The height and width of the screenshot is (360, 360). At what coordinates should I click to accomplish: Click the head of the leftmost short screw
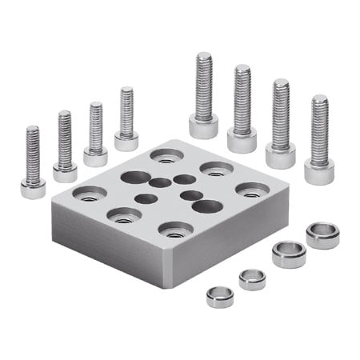click(x=33, y=190)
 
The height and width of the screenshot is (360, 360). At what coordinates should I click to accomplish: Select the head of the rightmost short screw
click(x=126, y=142)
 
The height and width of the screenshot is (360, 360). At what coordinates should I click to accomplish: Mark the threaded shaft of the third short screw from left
click(x=96, y=126)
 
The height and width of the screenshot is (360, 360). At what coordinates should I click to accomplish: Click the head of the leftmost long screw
click(x=204, y=126)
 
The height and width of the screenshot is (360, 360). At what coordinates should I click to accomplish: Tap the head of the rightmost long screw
click(x=319, y=170)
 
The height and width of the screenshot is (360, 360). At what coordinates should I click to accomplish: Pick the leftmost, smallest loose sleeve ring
click(x=220, y=296)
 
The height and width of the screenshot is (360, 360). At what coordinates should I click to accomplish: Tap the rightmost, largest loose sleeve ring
click(x=322, y=235)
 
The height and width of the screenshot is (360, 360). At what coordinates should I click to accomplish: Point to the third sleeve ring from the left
click(x=288, y=254)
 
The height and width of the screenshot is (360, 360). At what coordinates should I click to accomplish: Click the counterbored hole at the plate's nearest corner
click(x=175, y=230)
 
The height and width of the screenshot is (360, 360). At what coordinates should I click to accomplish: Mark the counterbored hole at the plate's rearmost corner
click(x=166, y=154)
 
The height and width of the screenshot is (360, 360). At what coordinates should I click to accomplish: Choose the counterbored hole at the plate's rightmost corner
click(x=253, y=190)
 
